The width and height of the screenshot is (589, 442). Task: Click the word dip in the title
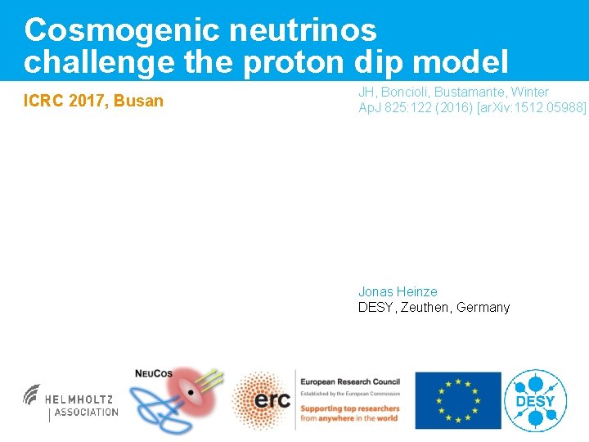pyautogui.click(x=383, y=61)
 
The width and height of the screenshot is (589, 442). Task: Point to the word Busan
pyautogui.click(x=142, y=101)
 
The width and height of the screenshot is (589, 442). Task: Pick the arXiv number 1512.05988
pyautogui.click(x=547, y=107)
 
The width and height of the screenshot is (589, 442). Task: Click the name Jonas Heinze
pyautogui.click(x=398, y=291)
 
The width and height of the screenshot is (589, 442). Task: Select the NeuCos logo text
pyautogui.click(x=153, y=374)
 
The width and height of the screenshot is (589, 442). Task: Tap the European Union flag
pyautogui.click(x=457, y=400)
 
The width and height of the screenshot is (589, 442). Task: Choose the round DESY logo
pyautogui.click(x=535, y=400)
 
